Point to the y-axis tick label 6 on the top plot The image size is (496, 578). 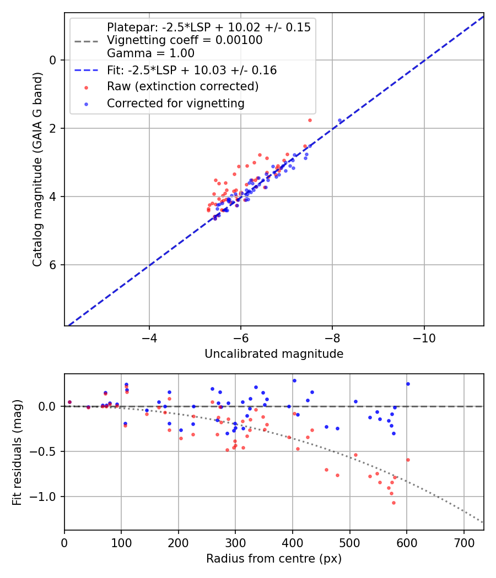(53, 265)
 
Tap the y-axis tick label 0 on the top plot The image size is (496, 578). (53, 59)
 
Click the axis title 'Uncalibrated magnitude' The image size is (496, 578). (274, 354)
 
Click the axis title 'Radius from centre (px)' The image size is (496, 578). (274, 559)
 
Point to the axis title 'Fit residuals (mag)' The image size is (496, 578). (17, 452)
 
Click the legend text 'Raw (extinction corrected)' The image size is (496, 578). (182, 86)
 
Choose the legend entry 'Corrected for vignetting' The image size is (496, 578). (175, 103)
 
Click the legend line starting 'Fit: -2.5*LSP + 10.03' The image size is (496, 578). (191, 70)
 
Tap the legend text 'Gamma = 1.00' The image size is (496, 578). (150, 53)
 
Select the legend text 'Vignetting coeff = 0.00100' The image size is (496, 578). (185, 40)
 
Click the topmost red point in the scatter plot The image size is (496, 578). (310, 120)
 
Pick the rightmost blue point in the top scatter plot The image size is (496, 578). (340, 120)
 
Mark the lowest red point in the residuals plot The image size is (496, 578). (393, 503)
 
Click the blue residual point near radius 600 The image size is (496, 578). (408, 384)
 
